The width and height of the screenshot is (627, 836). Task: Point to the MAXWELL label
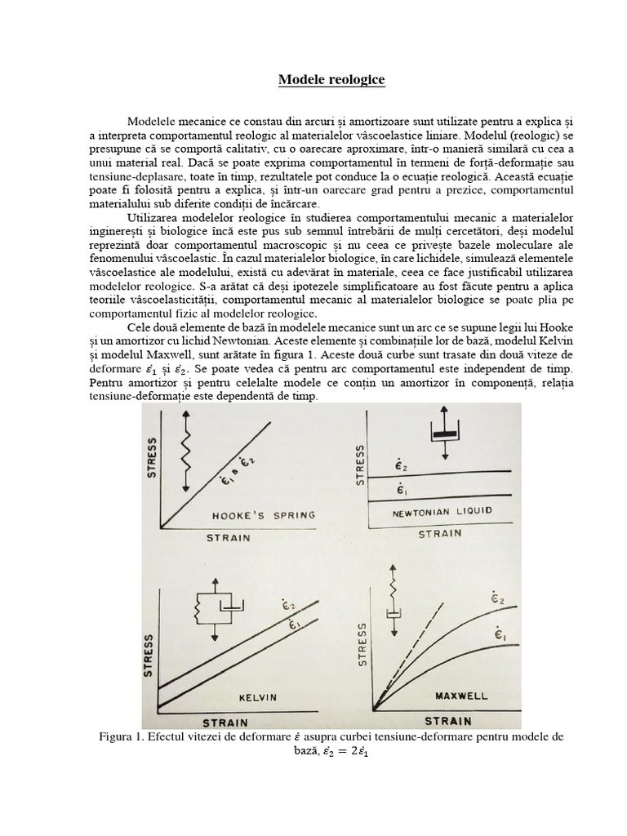(x=461, y=696)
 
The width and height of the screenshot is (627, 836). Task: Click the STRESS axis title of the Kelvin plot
(x=149, y=656)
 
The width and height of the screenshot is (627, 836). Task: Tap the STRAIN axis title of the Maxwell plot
(x=447, y=721)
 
